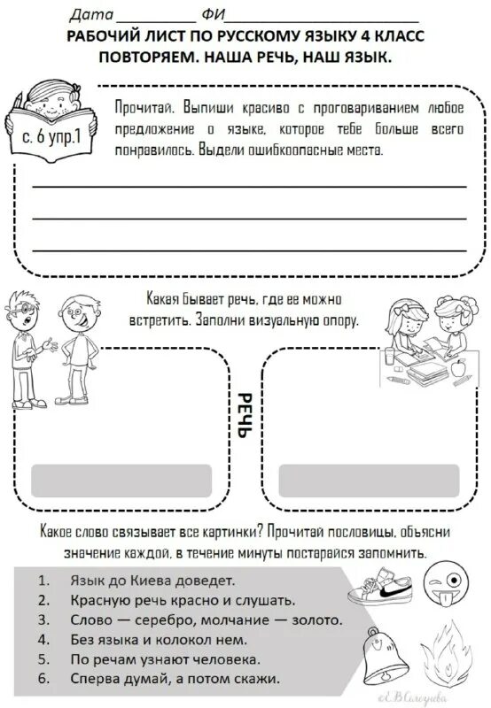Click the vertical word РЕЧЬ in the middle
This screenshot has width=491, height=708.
tap(245, 422)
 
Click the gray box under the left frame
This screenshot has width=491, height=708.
tap(121, 481)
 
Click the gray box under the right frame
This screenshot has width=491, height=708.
tap(367, 481)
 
